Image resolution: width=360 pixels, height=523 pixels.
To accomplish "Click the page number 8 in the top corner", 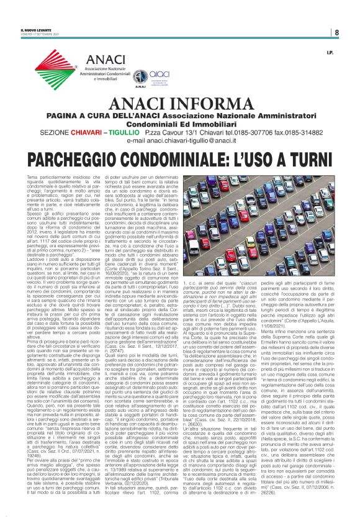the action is click(x=335, y=32).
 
